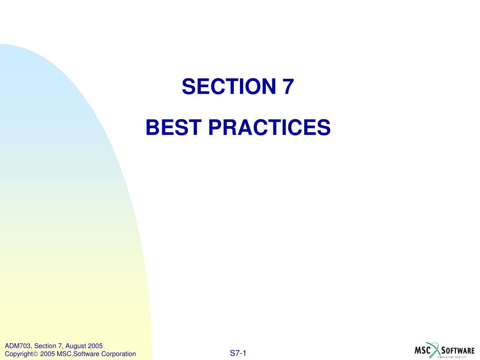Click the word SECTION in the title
tap(229, 86)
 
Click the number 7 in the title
tap(288, 86)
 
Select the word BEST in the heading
tap(173, 127)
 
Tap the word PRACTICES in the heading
tap(270, 127)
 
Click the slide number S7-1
tap(238, 353)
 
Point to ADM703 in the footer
tap(18, 346)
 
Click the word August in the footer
tap(75, 346)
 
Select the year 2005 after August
tap(95, 346)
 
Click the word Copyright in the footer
tap(19, 354)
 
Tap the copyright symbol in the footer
tap(35, 354)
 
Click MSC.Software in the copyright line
tap(78, 354)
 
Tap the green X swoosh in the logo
tap(435, 350)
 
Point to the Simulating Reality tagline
tap(452, 357)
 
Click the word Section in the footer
tap(45, 346)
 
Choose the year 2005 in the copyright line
tap(47, 354)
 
